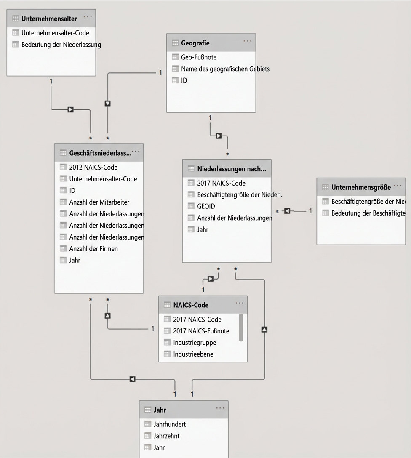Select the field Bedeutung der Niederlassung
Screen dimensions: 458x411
61,44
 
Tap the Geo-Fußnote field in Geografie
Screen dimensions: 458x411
199,57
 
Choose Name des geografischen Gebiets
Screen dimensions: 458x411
225,69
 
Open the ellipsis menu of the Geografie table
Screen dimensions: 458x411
247,41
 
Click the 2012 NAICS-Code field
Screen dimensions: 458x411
93,167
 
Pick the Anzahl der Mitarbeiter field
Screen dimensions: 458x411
99,202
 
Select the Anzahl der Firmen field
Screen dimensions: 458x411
93,248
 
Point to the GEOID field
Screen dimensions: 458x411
206,206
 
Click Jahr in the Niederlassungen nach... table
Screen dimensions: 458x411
203,229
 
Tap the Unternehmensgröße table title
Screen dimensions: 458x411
360,187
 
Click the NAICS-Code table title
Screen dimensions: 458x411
190,305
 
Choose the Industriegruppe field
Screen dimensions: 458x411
194,343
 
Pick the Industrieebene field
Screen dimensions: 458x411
193,354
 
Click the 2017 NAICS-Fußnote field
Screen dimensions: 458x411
201,331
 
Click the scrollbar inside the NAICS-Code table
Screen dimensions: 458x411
241,327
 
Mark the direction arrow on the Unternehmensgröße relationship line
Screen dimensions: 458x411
287,211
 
